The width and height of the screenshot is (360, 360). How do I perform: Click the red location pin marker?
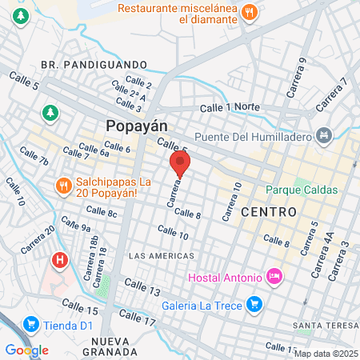click(x=180, y=166)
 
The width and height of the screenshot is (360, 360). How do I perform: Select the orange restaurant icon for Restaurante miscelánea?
click(x=250, y=12)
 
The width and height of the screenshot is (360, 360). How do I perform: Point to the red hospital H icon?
click(x=59, y=260)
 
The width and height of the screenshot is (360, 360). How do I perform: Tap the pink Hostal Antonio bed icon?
click(x=274, y=278)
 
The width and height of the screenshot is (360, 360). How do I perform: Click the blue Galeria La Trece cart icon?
click(x=254, y=303)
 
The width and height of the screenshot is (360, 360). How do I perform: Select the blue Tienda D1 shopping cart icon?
click(x=32, y=323)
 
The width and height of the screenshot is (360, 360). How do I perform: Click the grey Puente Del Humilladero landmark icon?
click(x=323, y=135)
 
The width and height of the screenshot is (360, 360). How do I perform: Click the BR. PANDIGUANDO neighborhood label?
click(x=93, y=64)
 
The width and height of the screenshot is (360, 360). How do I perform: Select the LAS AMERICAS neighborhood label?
click(x=161, y=255)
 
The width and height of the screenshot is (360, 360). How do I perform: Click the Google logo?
click(x=26, y=350)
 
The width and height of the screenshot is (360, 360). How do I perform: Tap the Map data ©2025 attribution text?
click(x=326, y=353)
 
